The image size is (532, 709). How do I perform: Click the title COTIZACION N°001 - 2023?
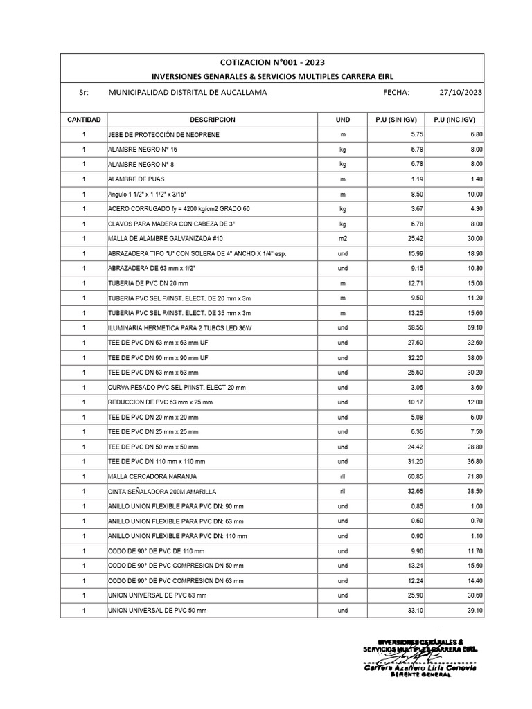272,62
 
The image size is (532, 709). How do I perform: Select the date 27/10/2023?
460,92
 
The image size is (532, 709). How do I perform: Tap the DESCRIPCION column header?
212,120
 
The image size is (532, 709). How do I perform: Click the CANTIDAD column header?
84,120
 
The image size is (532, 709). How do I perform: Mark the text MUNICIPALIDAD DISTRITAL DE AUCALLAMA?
188,92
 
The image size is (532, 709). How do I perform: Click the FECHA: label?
396,92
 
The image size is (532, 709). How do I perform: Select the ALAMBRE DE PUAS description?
139,179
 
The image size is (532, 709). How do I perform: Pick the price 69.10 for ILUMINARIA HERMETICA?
474,327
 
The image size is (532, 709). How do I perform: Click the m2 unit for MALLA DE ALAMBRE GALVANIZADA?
342,238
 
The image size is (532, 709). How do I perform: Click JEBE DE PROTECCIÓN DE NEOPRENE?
163,134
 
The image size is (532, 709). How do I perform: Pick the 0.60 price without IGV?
416,521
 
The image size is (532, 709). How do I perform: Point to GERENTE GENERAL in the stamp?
421,676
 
